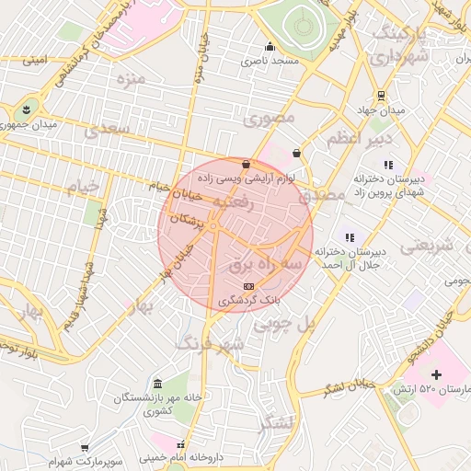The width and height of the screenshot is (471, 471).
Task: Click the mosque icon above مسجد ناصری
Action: (269, 47)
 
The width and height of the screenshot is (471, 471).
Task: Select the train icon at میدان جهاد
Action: (380, 97)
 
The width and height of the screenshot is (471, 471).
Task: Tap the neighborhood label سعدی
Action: (107, 132)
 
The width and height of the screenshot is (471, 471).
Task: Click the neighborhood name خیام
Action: (82, 187)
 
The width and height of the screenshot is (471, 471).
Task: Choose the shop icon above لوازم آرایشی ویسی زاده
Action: (245, 164)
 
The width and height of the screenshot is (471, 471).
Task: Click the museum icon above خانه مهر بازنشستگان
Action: (158, 383)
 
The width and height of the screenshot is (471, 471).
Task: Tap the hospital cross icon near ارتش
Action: (436, 374)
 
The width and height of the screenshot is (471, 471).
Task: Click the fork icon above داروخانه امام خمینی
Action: (191, 443)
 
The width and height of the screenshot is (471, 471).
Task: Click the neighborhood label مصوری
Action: (269, 119)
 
